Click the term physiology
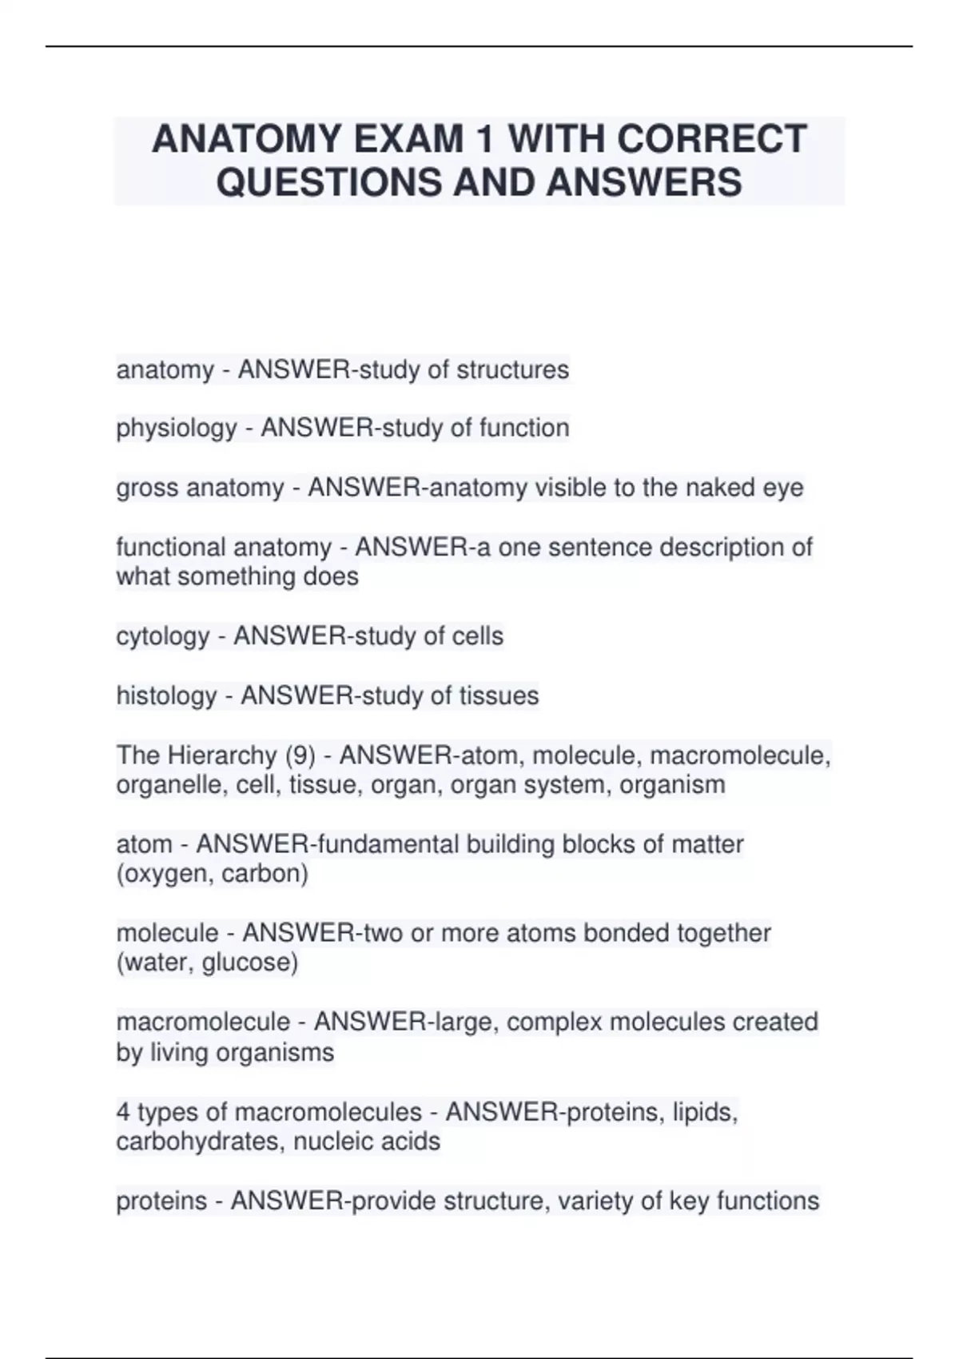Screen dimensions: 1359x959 [x=177, y=428]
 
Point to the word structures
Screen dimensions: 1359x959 [x=512, y=370]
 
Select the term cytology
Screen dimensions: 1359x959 [x=163, y=636]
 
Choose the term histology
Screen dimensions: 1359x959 [x=166, y=696]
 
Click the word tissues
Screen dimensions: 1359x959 [x=499, y=696]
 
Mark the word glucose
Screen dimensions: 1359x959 [x=249, y=962]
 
